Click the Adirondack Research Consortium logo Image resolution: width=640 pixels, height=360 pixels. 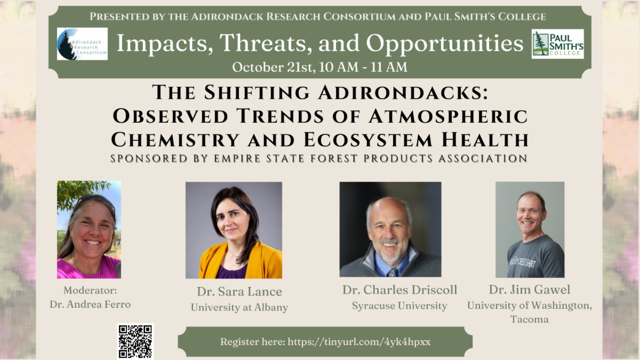coord(82,44)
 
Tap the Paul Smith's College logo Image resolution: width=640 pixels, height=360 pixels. coord(557,44)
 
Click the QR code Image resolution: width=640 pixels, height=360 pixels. coord(135,341)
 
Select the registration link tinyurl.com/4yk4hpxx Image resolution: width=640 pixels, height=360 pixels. coord(359,342)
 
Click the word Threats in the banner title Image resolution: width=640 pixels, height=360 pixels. coord(266,43)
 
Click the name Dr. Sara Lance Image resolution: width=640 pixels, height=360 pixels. coord(239,291)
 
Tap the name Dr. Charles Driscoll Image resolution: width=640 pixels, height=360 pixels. coord(399,290)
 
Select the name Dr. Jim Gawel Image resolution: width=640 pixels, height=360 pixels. coord(530,290)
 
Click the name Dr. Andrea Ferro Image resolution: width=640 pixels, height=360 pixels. coord(90,305)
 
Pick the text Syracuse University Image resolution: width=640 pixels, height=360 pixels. coord(399,306)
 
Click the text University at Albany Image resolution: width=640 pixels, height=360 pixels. coord(239,307)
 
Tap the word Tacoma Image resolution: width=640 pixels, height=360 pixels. coord(530,319)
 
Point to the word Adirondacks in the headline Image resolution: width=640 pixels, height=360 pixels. coord(403,93)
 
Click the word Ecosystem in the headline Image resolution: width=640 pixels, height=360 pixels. coord(368,140)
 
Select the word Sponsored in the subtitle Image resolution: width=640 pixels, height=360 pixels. coord(149,158)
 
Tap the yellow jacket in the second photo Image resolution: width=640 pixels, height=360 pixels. coord(240,261)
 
